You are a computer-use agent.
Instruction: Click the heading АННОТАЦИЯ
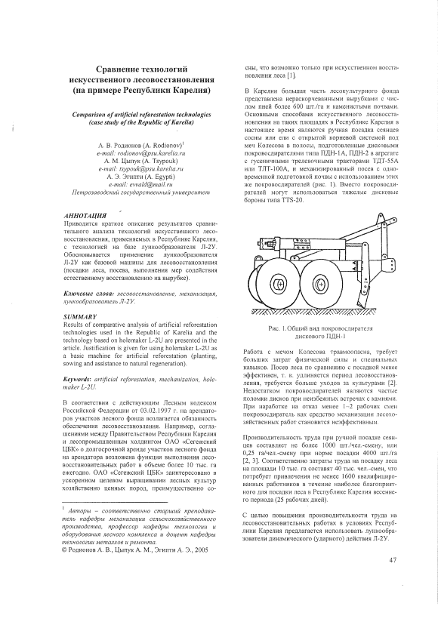(x=85, y=216)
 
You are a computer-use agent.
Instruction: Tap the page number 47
(x=392, y=559)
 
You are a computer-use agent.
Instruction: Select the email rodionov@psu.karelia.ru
(x=141, y=152)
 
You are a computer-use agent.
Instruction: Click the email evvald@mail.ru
(x=141, y=184)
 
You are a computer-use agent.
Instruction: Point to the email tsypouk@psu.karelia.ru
(x=141, y=168)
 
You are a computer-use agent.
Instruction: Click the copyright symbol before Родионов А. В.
(x=66, y=550)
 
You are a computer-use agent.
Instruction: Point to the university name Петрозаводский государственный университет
(x=141, y=192)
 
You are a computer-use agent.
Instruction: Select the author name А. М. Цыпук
(x=123, y=161)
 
